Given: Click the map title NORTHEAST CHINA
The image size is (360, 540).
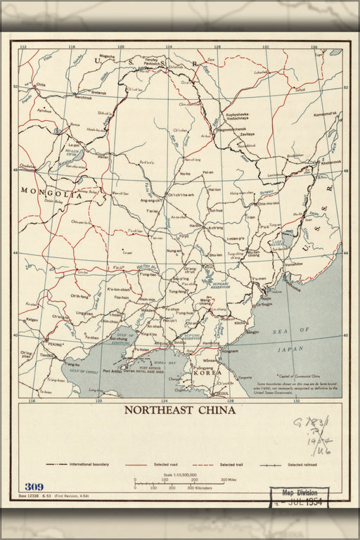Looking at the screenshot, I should pyautogui.click(x=180, y=410).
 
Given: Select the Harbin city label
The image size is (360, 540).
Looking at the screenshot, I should pyautogui.click(x=194, y=226).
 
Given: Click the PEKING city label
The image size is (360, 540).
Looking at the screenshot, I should pyautogui.click(x=54, y=344).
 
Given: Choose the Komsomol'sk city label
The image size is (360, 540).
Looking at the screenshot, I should pyautogui.click(x=326, y=113).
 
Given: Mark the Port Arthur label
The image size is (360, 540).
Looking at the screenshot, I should pyautogui.click(x=112, y=371).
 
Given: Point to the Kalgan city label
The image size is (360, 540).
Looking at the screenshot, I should pyautogui.click(x=32, y=319).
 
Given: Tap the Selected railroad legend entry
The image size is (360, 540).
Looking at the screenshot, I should pyautogui.click(x=302, y=464).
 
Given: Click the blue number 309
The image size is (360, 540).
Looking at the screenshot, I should pyautogui.click(x=33, y=487).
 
